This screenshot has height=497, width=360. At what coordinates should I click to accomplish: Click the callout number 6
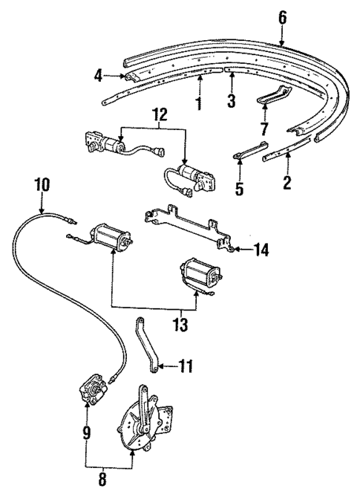click(282, 16)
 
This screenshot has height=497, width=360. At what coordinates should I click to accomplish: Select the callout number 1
click(198, 102)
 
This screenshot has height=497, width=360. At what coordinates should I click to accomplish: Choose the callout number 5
click(239, 189)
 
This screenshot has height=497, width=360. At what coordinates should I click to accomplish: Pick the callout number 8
click(102, 479)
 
